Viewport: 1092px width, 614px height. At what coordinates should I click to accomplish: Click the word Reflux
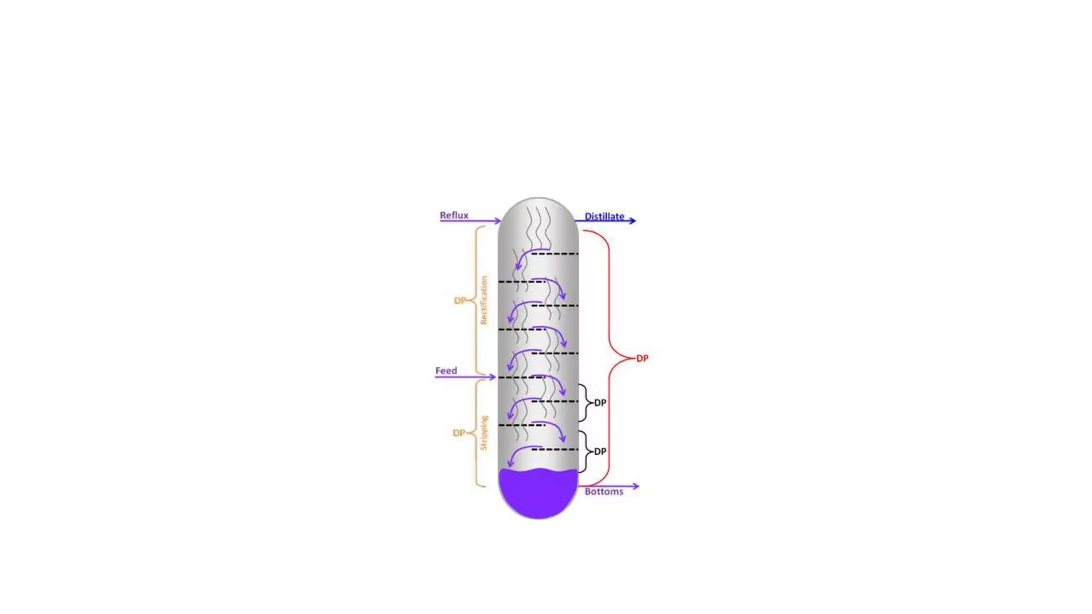(x=454, y=215)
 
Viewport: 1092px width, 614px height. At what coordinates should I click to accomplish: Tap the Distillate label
(x=604, y=216)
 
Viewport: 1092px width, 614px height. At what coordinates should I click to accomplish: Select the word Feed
(x=446, y=370)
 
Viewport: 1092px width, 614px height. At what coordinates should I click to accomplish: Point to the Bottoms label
(x=604, y=491)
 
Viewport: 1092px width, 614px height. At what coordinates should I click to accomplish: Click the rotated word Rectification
(x=484, y=300)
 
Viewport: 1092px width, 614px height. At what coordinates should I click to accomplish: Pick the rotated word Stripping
(x=484, y=433)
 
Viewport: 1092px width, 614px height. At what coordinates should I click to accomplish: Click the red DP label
(x=643, y=358)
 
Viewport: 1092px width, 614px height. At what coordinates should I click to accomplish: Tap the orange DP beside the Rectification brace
(x=460, y=301)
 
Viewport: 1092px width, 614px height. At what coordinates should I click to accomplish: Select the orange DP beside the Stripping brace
(x=459, y=433)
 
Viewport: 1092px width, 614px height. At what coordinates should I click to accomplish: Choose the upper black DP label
(x=600, y=402)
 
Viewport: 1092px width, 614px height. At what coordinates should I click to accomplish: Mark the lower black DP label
(x=600, y=451)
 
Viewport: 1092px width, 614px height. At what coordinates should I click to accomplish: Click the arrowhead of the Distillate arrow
(x=632, y=220)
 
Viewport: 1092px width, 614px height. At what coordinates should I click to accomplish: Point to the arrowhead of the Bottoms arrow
(x=635, y=486)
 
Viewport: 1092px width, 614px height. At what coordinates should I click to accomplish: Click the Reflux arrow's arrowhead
(x=497, y=221)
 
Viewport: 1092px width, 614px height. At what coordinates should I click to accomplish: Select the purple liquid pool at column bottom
(x=538, y=493)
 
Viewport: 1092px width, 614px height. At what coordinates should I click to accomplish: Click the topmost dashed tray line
(x=555, y=254)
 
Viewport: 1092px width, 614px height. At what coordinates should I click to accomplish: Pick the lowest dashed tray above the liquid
(x=555, y=449)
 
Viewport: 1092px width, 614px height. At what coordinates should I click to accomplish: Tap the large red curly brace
(x=609, y=358)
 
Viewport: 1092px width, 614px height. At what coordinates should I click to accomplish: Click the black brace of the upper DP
(x=585, y=402)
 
